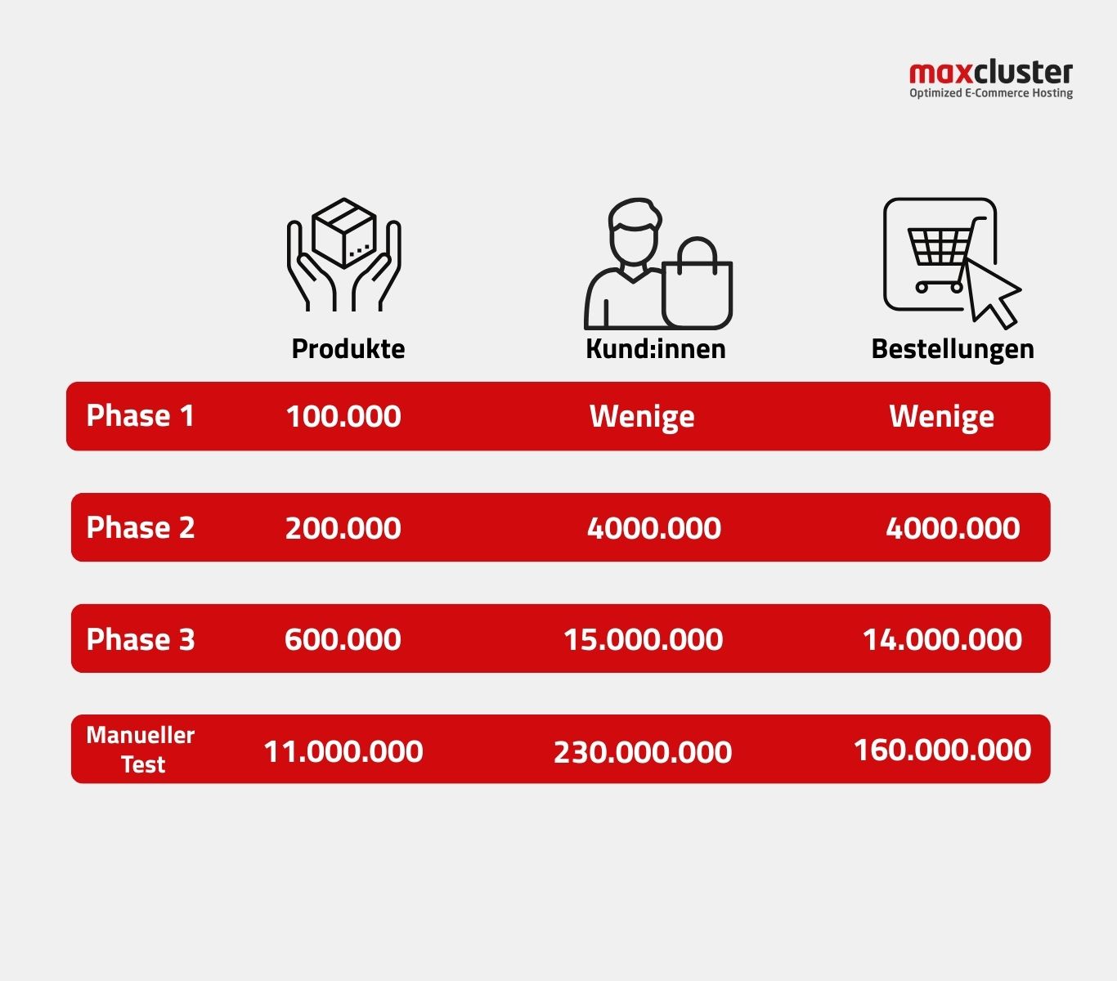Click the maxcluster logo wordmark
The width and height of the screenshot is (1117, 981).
click(991, 74)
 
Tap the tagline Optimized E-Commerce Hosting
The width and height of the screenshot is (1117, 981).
click(991, 93)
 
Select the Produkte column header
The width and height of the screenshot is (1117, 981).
click(348, 349)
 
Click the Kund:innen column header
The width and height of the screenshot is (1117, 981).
click(656, 349)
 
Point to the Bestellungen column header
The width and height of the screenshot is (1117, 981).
click(952, 350)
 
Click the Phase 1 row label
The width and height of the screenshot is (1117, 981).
click(140, 415)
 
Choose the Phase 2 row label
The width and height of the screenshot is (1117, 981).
click(141, 527)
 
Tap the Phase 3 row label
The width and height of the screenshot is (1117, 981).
click(141, 639)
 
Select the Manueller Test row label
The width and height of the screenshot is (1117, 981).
click(141, 750)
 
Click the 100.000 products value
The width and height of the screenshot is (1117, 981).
click(343, 417)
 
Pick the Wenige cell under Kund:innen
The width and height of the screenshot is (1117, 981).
click(642, 417)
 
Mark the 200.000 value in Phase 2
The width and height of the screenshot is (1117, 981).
click(343, 529)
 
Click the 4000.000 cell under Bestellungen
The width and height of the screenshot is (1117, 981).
click(953, 529)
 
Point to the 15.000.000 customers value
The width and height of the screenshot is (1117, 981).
click(643, 640)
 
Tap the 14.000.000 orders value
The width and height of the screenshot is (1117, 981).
click(942, 640)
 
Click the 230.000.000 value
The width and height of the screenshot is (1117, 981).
click(642, 752)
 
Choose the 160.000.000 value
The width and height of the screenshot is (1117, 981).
click(942, 750)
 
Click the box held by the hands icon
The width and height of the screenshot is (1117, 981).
click(344, 233)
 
